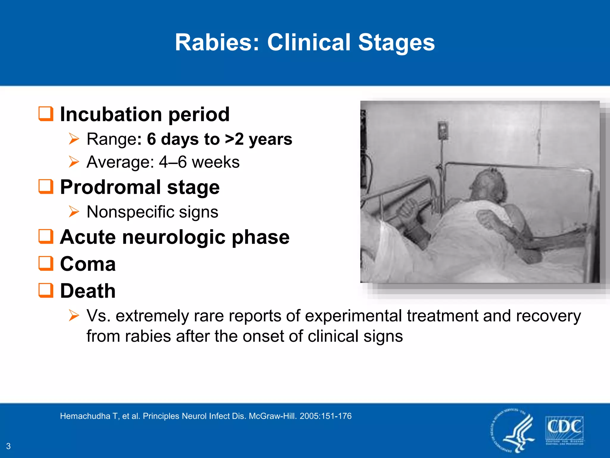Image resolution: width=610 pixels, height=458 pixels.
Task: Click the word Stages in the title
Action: [396, 42]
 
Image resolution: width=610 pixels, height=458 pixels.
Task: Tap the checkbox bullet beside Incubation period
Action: [46, 114]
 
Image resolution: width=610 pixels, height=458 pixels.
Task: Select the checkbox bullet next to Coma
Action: [46, 264]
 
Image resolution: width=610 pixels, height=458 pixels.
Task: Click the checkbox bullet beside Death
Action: [46, 290]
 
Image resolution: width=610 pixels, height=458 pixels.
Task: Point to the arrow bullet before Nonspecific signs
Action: [74, 212]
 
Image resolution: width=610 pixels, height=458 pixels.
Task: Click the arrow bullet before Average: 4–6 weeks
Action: [74, 162]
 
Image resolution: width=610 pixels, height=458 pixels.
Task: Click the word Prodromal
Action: [110, 187]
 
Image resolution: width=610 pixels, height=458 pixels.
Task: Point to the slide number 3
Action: [8, 446]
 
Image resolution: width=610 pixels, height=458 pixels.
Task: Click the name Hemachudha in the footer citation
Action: [85, 416]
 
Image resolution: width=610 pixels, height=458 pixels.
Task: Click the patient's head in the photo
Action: [488, 185]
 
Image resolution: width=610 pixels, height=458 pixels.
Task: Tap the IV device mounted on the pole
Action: [443, 130]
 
